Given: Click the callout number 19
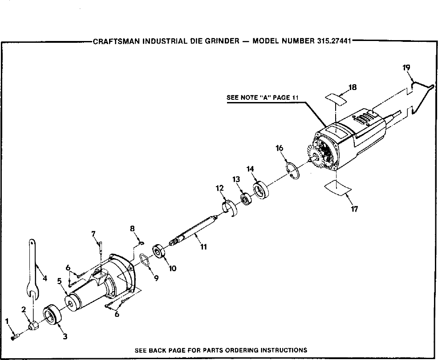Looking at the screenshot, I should tap(406, 68).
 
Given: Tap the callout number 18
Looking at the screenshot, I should tap(353, 87).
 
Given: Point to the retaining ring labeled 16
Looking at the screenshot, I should tap(292, 171).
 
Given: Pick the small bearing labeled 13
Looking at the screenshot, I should tap(244, 197).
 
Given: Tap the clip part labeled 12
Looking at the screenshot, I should tap(229, 207).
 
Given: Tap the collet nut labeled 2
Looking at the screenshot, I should tap(34, 327).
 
